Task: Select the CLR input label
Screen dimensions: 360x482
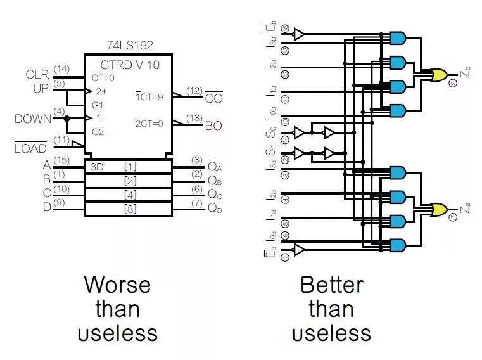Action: pyautogui.click(x=37, y=75)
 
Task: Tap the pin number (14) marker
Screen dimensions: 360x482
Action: pyautogui.click(x=61, y=68)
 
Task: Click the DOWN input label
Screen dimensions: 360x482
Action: pyautogui.click(x=32, y=119)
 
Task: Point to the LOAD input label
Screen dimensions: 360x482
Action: pyautogui.click(x=30, y=148)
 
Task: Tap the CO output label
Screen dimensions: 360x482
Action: pyautogui.click(x=213, y=99)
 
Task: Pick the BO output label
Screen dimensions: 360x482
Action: pyautogui.click(x=213, y=125)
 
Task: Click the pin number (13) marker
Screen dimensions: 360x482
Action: pyautogui.click(x=194, y=118)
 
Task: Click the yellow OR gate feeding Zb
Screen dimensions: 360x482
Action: pyautogui.click(x=438, y=75)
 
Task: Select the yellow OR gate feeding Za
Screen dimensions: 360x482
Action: pyautogui.click(x=438, y=209)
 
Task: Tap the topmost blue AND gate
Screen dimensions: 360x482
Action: pyautogui.click(x=398, y=38)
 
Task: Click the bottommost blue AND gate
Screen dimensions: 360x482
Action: pyautogui.click(x=398, y=245)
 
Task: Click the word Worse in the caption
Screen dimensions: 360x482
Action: pyautogui.click(x=118, y=285)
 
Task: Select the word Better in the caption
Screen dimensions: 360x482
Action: pyautogui.click(x=331, y=285)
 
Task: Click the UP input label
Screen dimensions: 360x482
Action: pyautogui.click(x=41, y=89)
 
